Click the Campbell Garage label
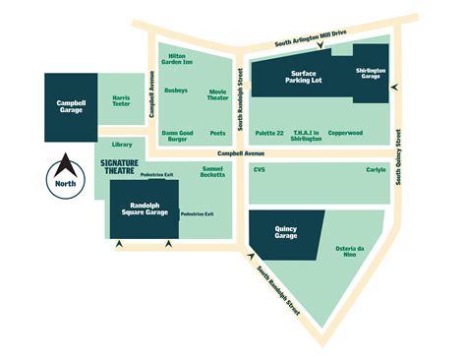[x=71, y=105]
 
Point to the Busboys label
[x=176, y=90]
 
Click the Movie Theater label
[x=217, y=94]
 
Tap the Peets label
[x=217, y=132]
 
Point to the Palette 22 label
[x=268, y=132]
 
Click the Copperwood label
[x=345, y=132]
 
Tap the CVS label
[x=260, y=169]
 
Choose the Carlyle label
[x=376, y=169]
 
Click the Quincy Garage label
[x=286, y=232]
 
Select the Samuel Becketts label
[x=212, y=172]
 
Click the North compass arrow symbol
[x=64, y=165]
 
